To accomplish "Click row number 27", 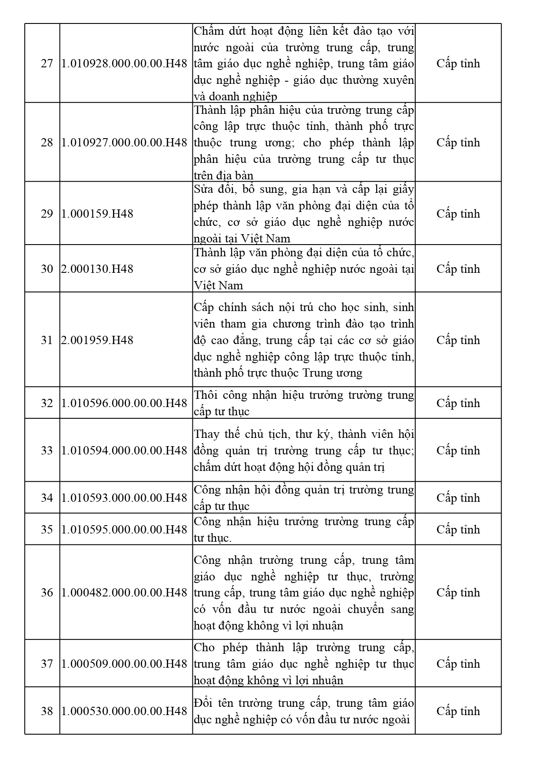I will point(46,63).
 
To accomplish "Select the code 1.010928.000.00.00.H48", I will point(124,63).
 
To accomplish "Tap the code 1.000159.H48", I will point(97,214).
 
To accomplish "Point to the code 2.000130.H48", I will point(97,269).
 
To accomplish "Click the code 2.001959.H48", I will point(97,340).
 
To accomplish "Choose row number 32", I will point(46,403).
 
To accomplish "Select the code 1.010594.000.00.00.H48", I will point(124,451).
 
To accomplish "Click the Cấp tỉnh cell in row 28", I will point(458,142).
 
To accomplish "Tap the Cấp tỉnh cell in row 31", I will point(458,340).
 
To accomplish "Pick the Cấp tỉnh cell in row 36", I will point(458,593).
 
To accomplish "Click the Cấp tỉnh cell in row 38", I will point(458,711).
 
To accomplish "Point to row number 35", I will point(46,530).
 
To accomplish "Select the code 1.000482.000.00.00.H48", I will point(124,593).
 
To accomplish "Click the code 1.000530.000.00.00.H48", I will point(124,711).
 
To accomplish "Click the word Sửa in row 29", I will point(202,189).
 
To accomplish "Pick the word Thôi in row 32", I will point(205,395).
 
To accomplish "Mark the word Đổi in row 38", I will point(203,703).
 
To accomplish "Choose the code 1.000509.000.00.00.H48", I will point(124,664).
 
